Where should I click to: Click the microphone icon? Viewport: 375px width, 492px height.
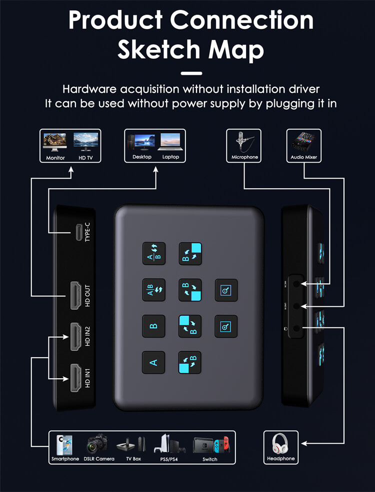tap(244, 141)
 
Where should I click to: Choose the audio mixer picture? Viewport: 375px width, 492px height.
tap(303, 142)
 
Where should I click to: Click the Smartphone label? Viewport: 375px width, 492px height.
tap(65, 459)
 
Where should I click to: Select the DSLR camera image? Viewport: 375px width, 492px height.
tap(97, 444)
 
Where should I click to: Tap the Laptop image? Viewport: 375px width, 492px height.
tap(170, 141)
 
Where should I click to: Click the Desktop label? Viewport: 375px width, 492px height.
tap(142, 157)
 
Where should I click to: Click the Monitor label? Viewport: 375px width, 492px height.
tap(55, 158)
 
